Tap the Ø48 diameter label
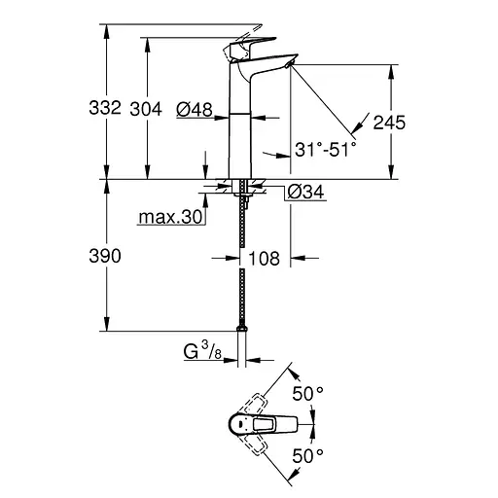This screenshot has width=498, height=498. pos(195,110)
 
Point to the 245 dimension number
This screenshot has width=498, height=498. pos(386,124)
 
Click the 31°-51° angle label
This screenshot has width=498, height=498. pos(326,149)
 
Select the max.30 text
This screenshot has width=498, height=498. pos(169,218)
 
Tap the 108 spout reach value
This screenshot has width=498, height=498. pos(264,259)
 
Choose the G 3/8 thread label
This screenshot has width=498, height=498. pos(204,348)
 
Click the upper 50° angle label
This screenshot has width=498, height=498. pos(307,394)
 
